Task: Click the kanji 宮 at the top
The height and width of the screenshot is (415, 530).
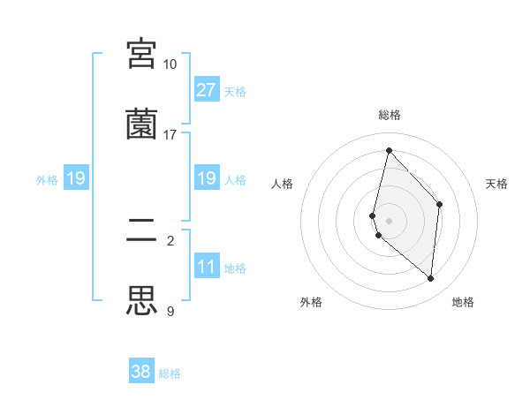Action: (142, 53)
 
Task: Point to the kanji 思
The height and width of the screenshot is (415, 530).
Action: (142, 300)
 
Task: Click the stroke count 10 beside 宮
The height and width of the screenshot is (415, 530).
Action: (170, 64)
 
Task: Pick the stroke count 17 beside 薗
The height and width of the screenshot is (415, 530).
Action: (170, 135)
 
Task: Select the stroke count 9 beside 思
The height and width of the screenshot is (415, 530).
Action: (170, 312)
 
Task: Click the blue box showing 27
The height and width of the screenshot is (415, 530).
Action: (206, 89)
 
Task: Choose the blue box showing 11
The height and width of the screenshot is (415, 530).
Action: (206, 267)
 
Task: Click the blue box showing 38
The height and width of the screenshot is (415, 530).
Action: (141, 372)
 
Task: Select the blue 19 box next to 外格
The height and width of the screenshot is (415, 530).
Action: (75, 178)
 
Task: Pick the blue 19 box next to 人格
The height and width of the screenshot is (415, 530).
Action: (206, 178)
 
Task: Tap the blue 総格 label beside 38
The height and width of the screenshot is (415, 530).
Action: (170, 373)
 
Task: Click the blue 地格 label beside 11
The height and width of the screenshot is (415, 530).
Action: (235, 268)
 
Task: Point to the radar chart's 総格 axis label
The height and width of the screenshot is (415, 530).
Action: (390, 115)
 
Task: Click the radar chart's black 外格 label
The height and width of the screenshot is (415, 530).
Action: (311, 302)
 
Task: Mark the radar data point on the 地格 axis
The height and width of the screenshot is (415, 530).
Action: (430, 279)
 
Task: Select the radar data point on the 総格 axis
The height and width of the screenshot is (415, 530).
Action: (389, 151)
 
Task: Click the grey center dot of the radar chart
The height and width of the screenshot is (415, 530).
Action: (389, 220)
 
